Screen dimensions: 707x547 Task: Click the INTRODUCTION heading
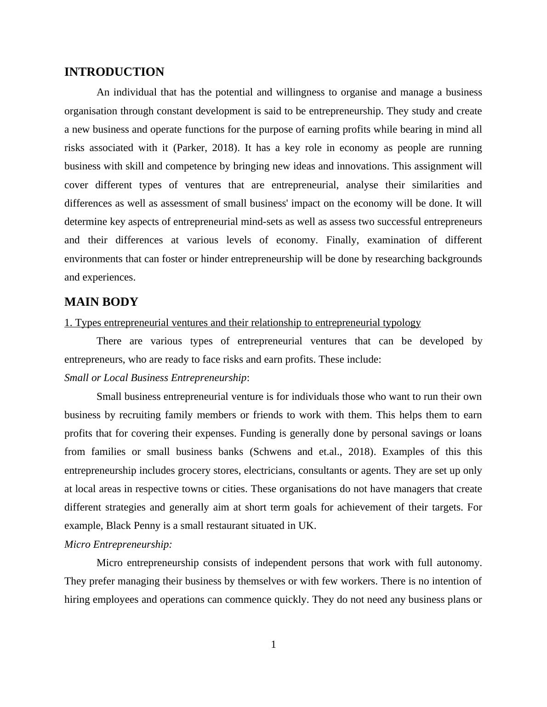pyautogui.click(x=114, y=72)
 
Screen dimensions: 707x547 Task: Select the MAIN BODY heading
pyautogui.click(x=101, y=302)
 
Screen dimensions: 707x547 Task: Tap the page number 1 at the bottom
pyautogui.click(x=273, y=645)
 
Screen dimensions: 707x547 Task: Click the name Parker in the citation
pyautogui.click(x=191, y=148)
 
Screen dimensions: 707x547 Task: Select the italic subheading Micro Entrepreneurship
pyautogui.click(x=118, y=544)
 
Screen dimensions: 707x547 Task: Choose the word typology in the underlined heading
pyautogui.click(x=402, y=323)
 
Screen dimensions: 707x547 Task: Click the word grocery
pyautogui.click(x=194, y=471)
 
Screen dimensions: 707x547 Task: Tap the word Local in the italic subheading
pyautogui.click(x=111, y=378)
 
